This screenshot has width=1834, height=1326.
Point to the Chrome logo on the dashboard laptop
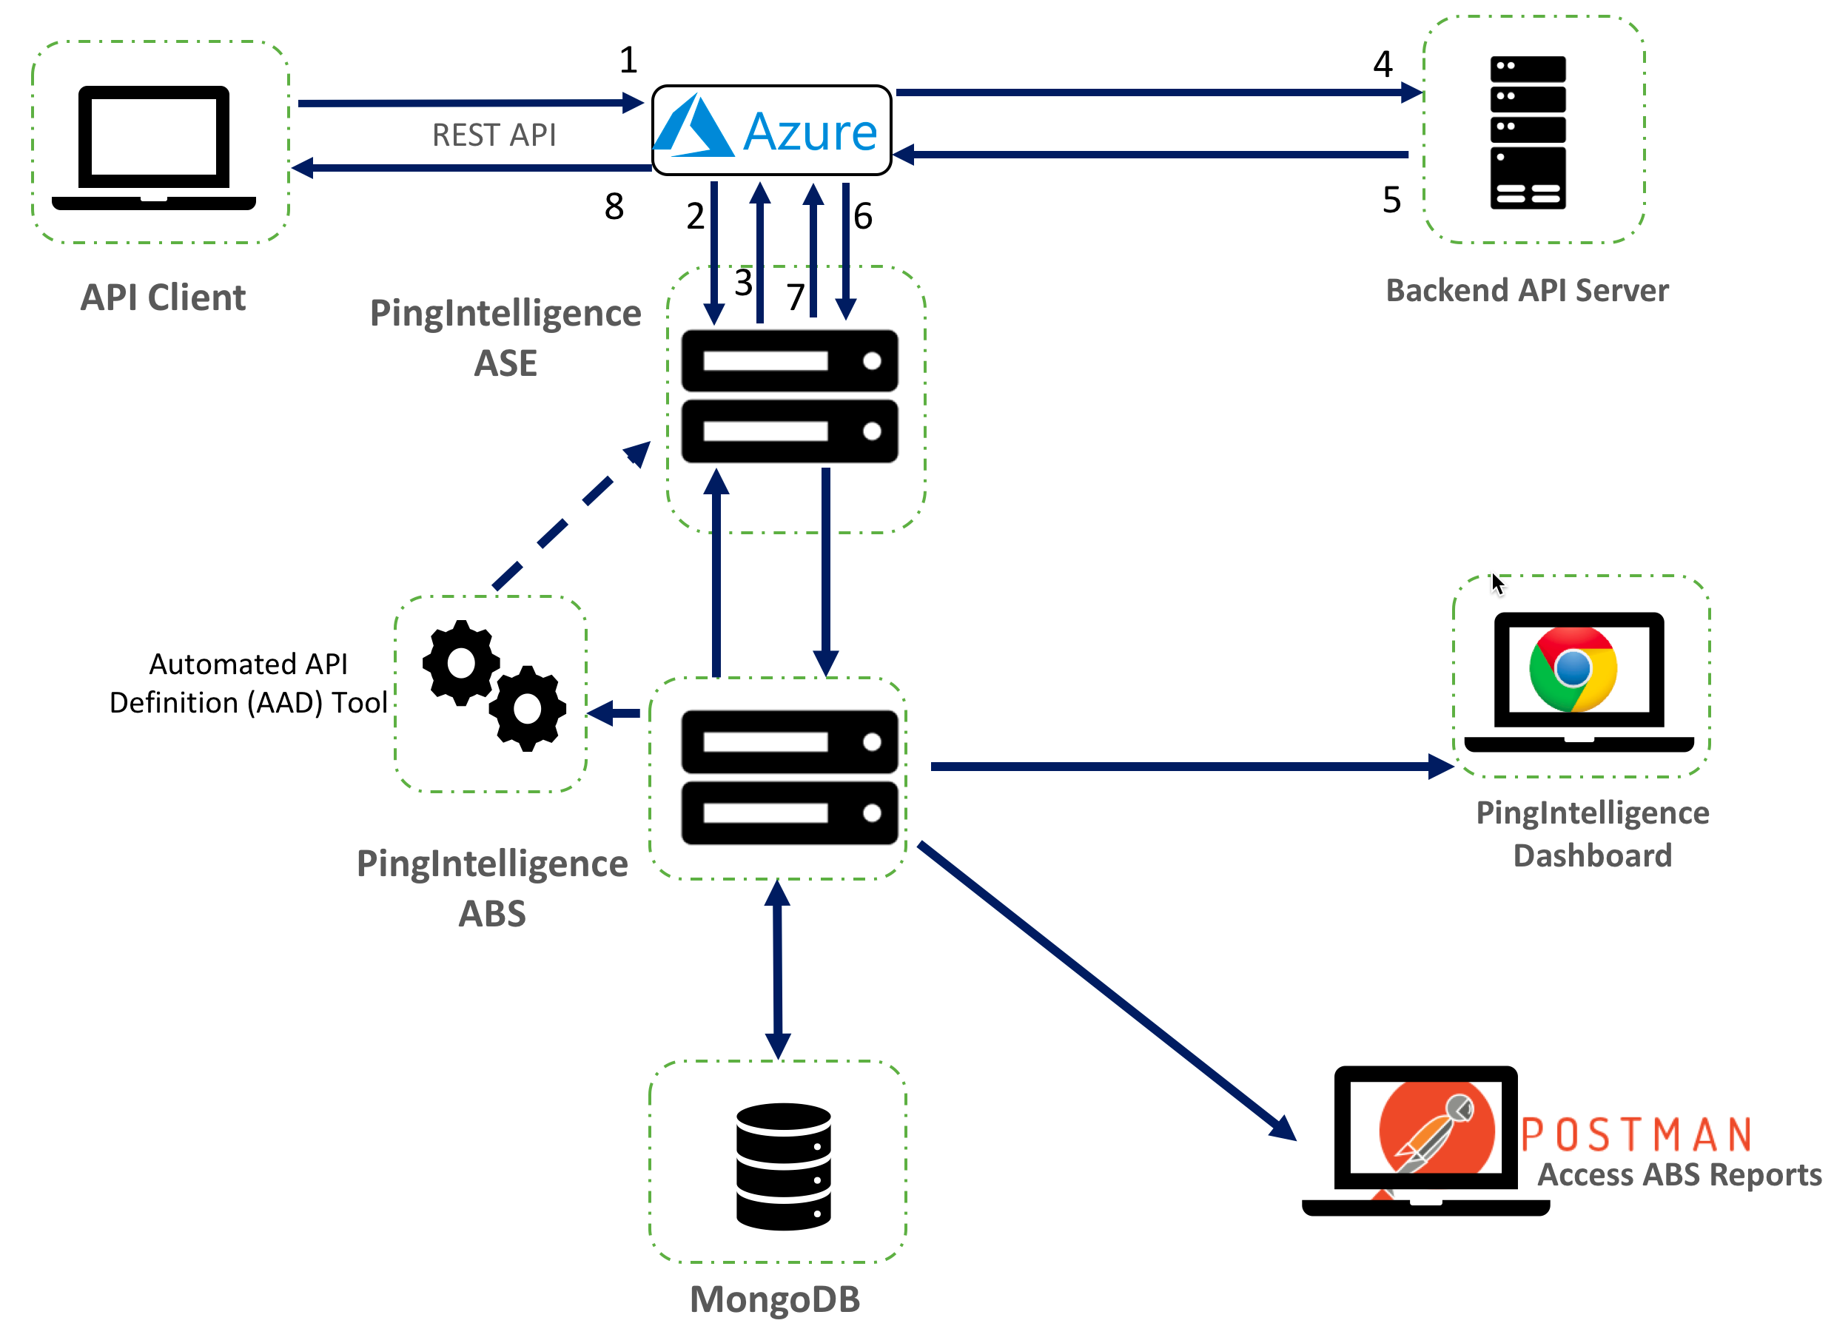point(1572,669)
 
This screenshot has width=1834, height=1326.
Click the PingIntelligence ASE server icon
point(789,395)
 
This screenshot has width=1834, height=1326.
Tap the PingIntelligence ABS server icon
point(789,777)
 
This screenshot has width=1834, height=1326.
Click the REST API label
point(494,135)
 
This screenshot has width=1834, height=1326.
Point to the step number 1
point(628,60)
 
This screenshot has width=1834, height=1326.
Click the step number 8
point(614,206)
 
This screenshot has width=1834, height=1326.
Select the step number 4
point(1383,64)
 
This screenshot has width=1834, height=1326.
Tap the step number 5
point(1391,200)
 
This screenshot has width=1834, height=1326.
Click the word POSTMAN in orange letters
point(1636,1134)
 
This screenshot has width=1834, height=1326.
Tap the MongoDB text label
point(775,1299)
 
